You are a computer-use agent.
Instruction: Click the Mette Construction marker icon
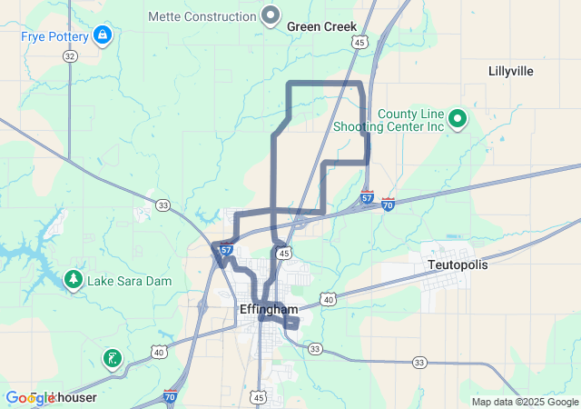click(x=271, y=15)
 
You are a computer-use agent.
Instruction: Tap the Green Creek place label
click(x=321, y=27)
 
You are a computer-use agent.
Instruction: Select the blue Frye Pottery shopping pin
click(x=103, y=36)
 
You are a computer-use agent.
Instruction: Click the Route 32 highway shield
click(x=70, y=55)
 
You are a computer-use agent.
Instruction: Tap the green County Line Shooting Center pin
click(x=458, y=118)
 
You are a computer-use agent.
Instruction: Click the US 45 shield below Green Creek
click(x=360, y=43)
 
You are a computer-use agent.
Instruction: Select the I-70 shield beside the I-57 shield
click(x=388, y=204)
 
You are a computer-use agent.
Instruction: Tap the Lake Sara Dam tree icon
click(x=74, y=279)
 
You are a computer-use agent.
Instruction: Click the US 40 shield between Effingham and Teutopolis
click(x=328, y=298)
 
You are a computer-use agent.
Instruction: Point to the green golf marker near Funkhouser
click(x=111, y=359)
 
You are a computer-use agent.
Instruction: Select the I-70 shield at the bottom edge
click(x=171, y=396)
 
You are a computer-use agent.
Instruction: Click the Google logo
click(x=31, y=398)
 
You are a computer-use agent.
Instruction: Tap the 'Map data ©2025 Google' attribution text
click(x=525, y=402)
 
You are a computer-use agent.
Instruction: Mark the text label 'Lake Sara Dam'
click(x=129, y=282)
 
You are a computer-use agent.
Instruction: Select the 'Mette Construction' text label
click(x=202, y=16)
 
